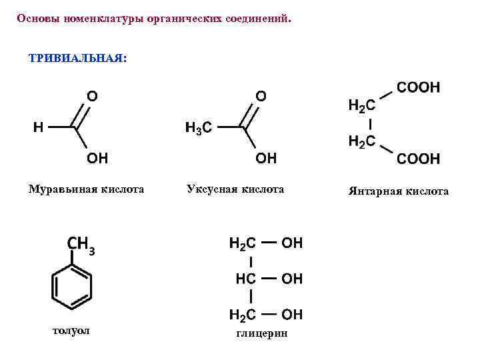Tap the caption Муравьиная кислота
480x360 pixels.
[86, 189]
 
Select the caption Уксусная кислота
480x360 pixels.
[235, 189]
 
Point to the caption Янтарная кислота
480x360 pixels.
[398, 191]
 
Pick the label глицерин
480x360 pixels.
[262, 333]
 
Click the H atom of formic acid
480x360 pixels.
[39, 127]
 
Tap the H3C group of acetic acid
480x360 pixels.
[198, 128]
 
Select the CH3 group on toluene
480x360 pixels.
[80, 246]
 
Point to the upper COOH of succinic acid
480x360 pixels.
[418, 87]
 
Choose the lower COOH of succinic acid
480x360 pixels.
[418, 159]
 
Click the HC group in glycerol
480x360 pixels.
[246, 278]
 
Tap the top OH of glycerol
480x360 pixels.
[292, 243]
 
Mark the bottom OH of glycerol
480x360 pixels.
[292, 313]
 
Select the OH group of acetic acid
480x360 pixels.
[265, 158]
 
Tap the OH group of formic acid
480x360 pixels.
[97, 158]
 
